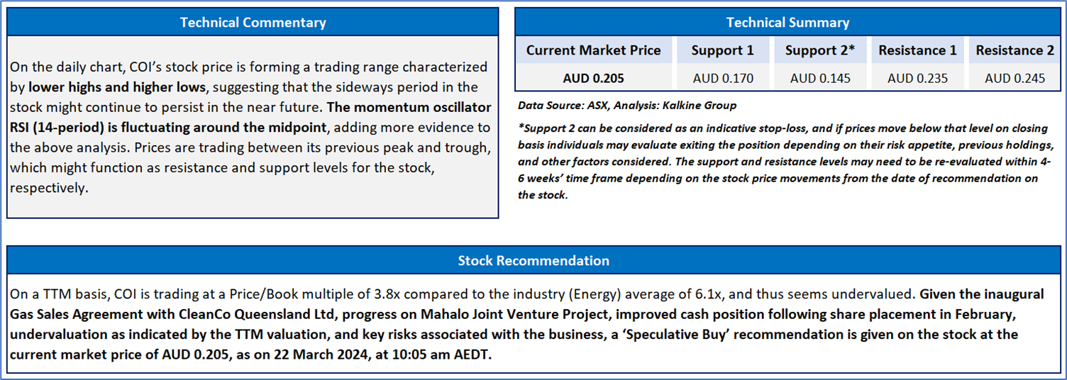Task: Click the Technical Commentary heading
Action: (253, 23)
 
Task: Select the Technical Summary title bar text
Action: (788, 23)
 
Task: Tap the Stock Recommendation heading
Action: (533, 260)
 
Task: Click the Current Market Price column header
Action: (593, 50)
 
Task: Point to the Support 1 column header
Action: (723, 50)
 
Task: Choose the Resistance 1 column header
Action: (917, 50)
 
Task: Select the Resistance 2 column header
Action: (1015, 50)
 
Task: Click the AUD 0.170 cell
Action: (723, 78)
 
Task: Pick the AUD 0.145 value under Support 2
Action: (820, 78)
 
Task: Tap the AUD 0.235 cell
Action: (917, 78)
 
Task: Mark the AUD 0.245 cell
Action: (1015, 78)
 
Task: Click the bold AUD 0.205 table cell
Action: (593, 78)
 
